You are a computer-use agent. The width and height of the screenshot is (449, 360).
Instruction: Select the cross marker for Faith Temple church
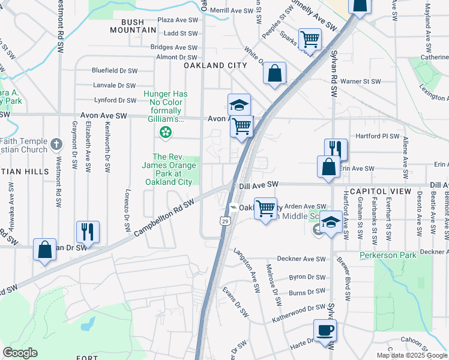click(x=56, y=144)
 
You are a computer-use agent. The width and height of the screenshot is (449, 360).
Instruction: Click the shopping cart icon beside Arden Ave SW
click(x=265, y=209)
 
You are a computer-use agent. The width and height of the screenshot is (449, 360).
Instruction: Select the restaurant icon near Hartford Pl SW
click(x=336, y=149)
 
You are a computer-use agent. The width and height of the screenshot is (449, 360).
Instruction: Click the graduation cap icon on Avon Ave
click(x=238, y=104)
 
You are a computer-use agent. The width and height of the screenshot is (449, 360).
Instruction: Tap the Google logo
click(x=20, y=353)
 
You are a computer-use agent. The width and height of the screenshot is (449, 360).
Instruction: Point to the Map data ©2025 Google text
click(x=412, y=355)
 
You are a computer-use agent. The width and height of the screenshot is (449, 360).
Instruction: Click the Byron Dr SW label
click(x=307, y=278)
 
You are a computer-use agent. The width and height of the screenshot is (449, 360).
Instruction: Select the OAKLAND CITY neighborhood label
click(x=215, y=65)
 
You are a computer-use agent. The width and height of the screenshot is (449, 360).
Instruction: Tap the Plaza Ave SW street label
click(x=177, y=20)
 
